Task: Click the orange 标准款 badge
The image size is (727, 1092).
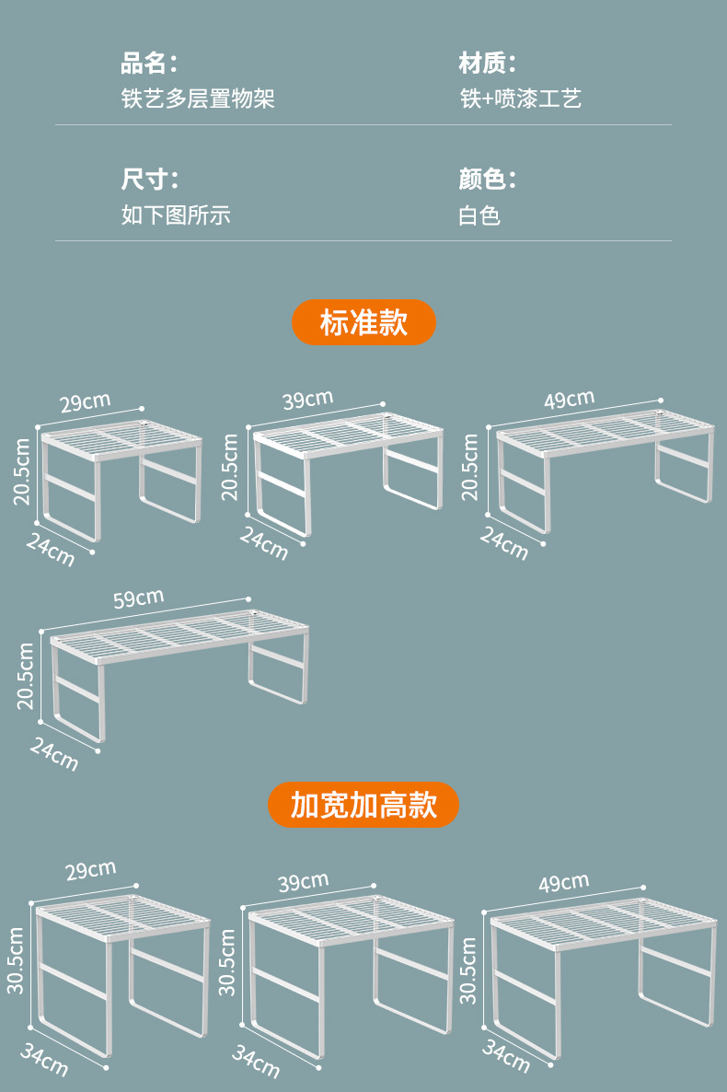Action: pos(363,322)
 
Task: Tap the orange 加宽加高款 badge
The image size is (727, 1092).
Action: pos(363,805)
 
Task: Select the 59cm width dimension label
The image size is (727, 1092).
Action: pos(138,599)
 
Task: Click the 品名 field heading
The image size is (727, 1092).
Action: pos(148,64)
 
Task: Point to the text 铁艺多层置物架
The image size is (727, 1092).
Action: pos(198,99)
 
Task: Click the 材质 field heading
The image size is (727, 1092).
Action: pos(487,64)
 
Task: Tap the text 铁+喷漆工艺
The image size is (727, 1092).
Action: pos(520,99)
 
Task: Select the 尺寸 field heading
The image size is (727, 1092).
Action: pos(148,179)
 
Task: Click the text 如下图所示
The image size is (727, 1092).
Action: pos(176,215)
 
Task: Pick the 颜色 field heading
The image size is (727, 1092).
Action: pos(487,179)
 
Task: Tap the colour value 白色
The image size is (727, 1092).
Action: pos(479,215)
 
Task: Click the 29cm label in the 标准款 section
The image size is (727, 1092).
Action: pos(85,402)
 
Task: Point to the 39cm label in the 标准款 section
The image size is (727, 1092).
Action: pos(307,400)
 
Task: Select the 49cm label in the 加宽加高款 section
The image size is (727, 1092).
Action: pos(563,883)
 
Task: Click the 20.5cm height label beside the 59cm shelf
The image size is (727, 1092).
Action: pos(26,676)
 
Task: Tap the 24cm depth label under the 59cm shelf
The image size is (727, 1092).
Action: pos(53,754)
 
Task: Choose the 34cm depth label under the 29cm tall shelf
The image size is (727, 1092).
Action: pos(43,1060)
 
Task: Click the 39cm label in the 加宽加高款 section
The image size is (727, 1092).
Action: pos(303,882)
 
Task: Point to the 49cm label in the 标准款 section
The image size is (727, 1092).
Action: pos(568,400)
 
